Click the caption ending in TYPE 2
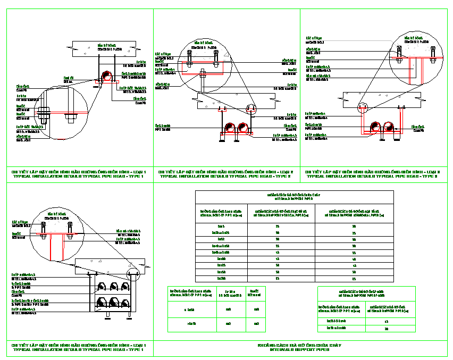(226, 174)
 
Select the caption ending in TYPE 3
(373, 174)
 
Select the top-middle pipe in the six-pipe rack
(113, 286)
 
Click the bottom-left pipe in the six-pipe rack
(101, 304)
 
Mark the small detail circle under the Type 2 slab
(251, 110)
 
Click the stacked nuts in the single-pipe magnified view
(44, 113)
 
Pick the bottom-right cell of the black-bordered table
(354, 278)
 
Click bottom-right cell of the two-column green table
(386, 328)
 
